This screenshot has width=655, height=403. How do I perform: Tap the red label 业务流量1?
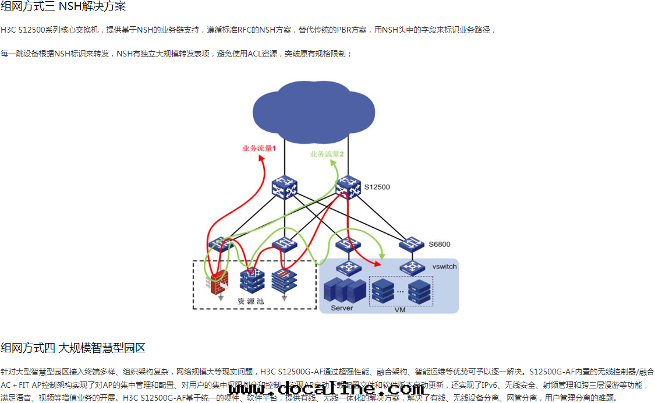pyautogui.click(x=259, y=149)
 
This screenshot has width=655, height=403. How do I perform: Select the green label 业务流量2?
pyautogui.click(x=327, y=154)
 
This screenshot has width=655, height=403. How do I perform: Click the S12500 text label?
pyautogui.click(x=377, y=187)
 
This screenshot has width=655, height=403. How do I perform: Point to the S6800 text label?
pyautogui.click(x=440, y=244)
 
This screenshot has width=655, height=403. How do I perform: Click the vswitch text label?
pyautogui.click(x=444, y=266)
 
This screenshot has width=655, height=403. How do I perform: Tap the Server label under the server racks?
pyautogui.click(x=342, y=307)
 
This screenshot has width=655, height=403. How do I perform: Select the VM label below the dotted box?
pyautogui.click(x=400, y=310)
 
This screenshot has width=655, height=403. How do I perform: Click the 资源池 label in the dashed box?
pyautogui.click(x=251, y=301)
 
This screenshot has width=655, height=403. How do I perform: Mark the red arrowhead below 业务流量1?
pyautogui.click(x=263, y=160)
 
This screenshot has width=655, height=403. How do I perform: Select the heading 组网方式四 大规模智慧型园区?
pyautogui.click(x=73, y=348)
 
